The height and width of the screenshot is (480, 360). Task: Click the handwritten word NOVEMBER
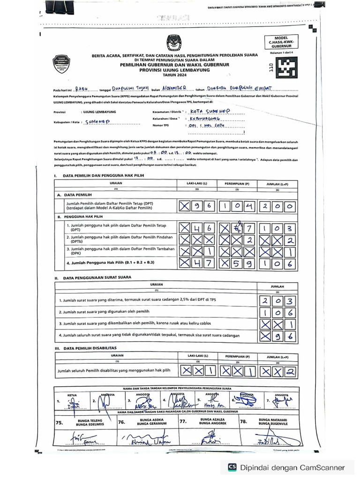[176, 88]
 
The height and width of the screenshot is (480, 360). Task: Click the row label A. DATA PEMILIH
[75, 194]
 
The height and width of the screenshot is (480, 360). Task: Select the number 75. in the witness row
[59, 422]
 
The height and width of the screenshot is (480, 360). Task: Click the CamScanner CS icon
[232, 467]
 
